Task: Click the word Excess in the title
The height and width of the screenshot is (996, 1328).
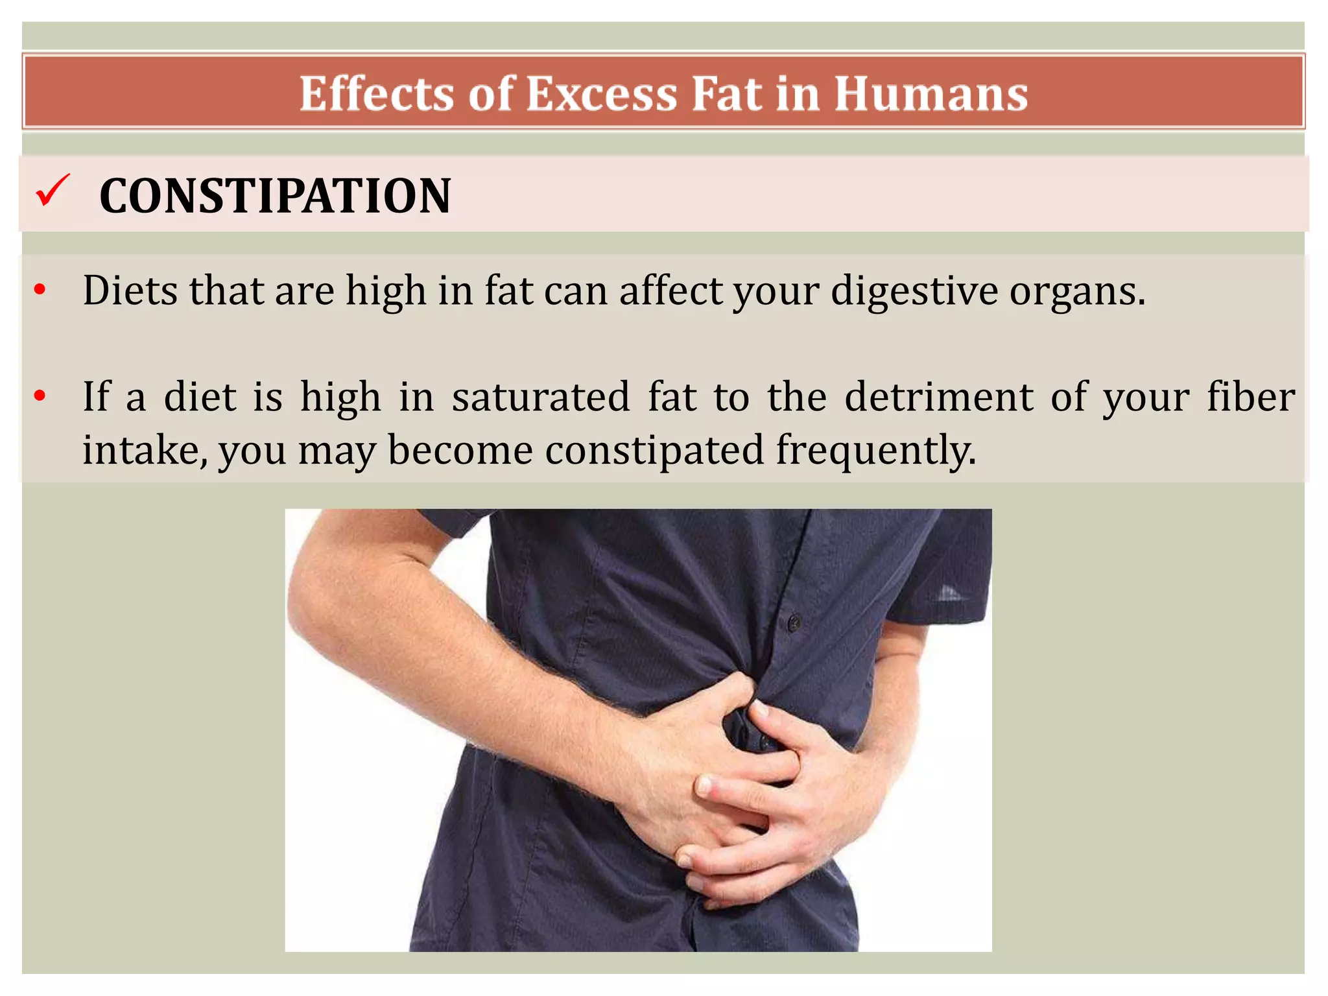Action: tap(602, 94)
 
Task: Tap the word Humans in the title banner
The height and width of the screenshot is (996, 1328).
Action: tap(931, 94)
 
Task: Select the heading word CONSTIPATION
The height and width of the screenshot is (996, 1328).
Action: tap(275, 196)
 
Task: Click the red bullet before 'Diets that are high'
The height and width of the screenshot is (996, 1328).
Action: tap(40, 290)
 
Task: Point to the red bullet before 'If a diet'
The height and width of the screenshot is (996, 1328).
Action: tap(40, 395)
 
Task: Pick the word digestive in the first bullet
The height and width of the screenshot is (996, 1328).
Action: tap(913, 291)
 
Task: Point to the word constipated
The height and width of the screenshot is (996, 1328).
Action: tap(654, 451)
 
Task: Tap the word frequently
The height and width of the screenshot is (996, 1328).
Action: tap(875, 451)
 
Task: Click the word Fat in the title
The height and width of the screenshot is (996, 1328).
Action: tap(726, 94)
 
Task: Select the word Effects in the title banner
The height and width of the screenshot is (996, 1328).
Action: tap(377, 94)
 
